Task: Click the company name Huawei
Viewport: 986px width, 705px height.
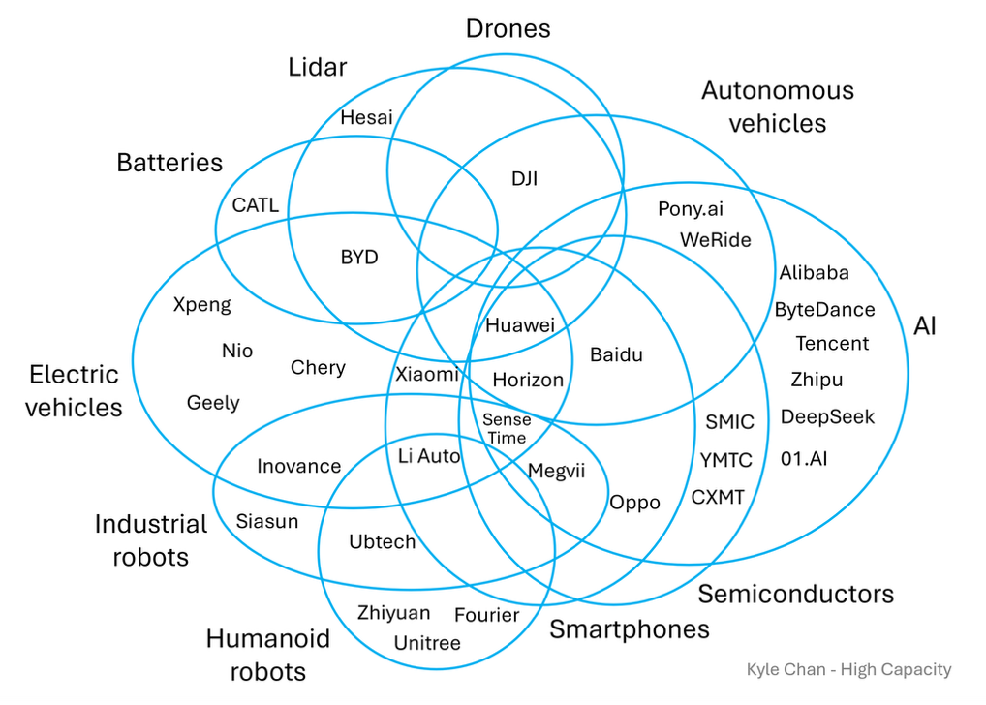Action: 520,325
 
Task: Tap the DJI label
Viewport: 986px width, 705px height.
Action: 524,178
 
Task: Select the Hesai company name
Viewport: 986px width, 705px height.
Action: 367,117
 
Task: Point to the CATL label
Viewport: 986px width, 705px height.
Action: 256,205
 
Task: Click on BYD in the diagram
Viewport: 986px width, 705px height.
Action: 359,258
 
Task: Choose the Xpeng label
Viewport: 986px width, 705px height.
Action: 202,305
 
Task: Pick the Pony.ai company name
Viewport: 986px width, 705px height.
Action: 691,209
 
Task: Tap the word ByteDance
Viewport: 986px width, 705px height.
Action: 824,310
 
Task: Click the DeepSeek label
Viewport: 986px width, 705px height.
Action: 827,417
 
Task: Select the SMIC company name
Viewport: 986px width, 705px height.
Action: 729,421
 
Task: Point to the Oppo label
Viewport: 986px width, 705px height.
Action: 635,504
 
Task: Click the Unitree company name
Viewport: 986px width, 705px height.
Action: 427,643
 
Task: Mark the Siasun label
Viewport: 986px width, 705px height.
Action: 267,521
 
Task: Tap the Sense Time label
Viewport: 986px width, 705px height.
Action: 507,429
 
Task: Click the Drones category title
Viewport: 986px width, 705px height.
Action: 508,29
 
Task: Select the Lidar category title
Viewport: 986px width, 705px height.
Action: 318,67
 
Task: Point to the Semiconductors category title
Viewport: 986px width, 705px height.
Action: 796,595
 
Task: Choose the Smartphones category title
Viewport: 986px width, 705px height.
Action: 630,629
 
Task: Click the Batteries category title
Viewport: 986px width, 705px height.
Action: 169,163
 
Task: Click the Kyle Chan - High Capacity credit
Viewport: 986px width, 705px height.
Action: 848,670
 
